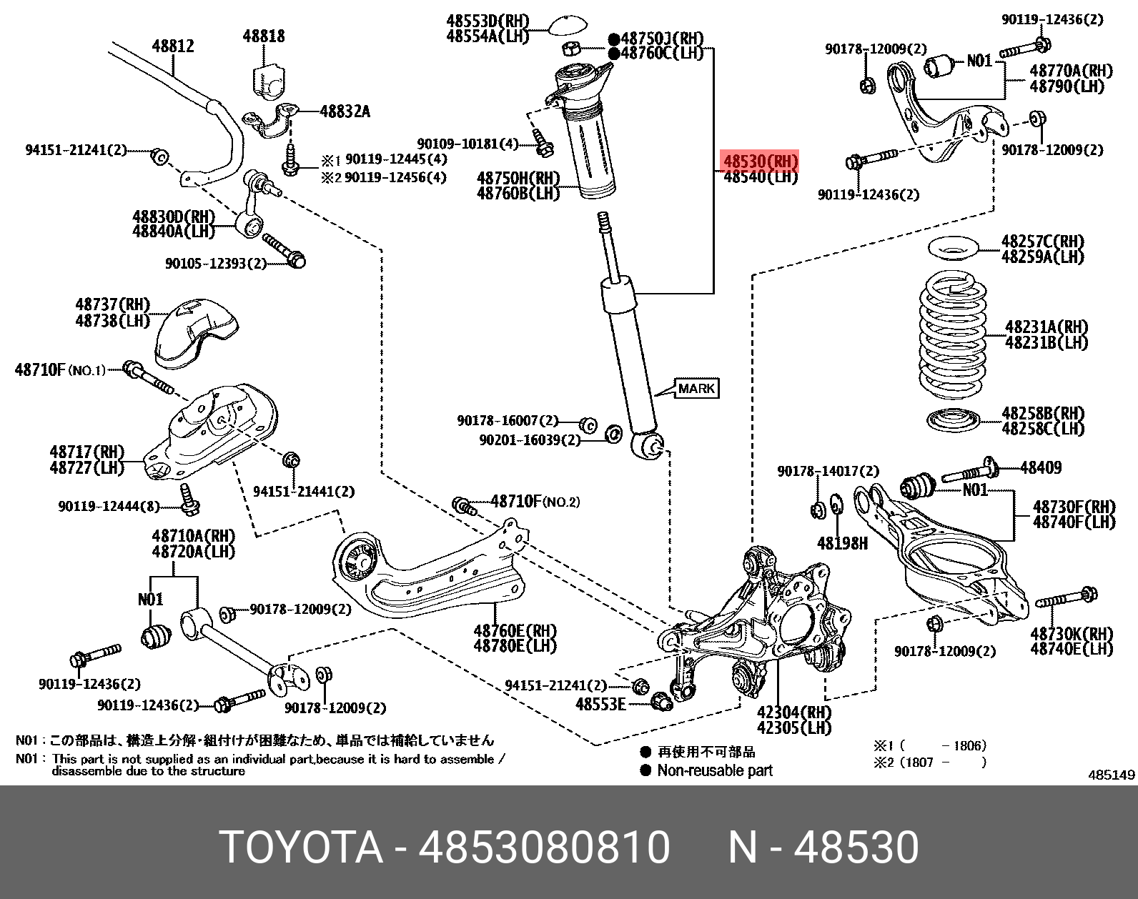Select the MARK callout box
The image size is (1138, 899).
(696, 389)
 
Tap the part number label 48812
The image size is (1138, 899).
(172, 46)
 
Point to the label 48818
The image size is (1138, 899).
(263, 36)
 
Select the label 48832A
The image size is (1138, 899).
(345, 111)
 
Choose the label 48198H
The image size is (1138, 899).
(842, 544)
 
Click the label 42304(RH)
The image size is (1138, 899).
(794, 712)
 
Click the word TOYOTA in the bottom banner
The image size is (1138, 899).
(301, 848)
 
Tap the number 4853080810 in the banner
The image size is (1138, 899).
(544, 848)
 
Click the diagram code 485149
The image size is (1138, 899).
(1112, 775)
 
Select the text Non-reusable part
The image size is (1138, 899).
(714, 770)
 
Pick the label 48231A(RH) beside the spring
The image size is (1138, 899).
(1046, 327)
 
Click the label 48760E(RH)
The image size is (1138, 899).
(515, 630)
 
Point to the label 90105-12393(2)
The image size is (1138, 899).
(215, 264)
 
